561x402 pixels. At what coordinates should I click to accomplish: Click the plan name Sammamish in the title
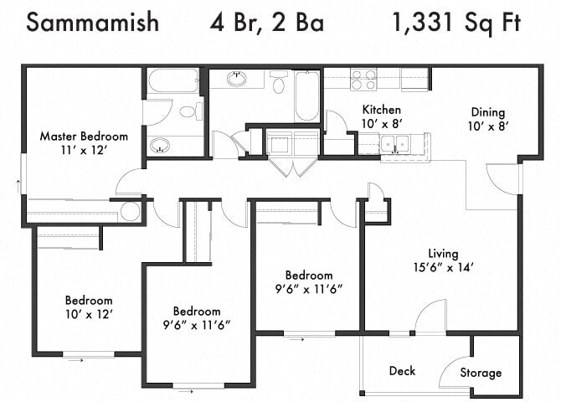click(x=92, y=23)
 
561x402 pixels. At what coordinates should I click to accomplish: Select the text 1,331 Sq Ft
click(x=457, y=23)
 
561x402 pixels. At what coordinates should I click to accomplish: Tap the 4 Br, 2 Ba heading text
click(x=266, y=23)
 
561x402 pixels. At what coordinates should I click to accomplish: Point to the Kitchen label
click(x=381, y=110)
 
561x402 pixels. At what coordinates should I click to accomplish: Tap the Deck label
click(x=402, y=371)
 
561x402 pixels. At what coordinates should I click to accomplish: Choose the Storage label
click(x=481, y=373)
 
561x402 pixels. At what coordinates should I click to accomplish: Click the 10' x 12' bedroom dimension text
click(x=89, y=314)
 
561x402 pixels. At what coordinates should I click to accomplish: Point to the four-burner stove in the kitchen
click(x=363, y=80)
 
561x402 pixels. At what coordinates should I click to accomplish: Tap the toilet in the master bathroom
click(x=188, y=111)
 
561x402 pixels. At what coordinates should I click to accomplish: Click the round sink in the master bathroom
click(x=162, y=146)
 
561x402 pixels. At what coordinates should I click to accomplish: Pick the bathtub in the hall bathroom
click(x=306, y=95)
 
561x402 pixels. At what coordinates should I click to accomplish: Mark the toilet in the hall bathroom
click(x=280, y=84)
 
